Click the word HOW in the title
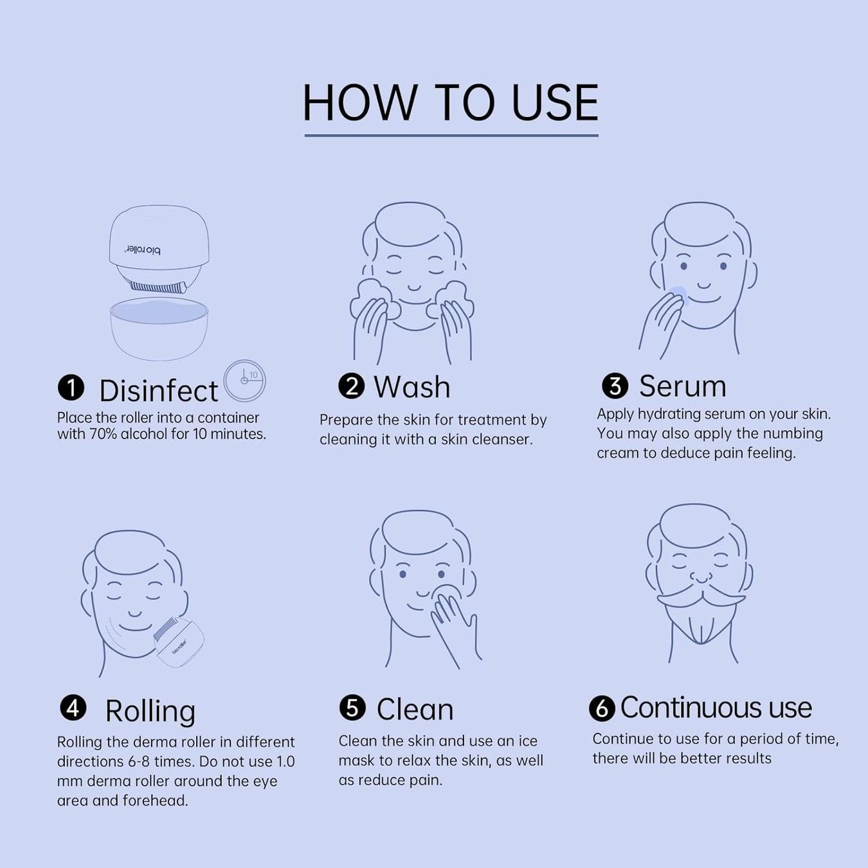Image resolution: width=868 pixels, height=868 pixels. pos(360,103)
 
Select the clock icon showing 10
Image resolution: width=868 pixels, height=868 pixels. pos(244,381)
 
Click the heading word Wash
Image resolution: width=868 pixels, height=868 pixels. pos(411,387)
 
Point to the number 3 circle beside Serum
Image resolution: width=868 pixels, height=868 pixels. pos(615,386)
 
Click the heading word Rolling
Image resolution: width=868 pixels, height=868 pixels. pos(150,711)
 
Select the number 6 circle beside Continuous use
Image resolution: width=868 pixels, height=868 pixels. pos(602,709)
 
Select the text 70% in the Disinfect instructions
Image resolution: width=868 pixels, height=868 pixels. pos(103,434)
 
